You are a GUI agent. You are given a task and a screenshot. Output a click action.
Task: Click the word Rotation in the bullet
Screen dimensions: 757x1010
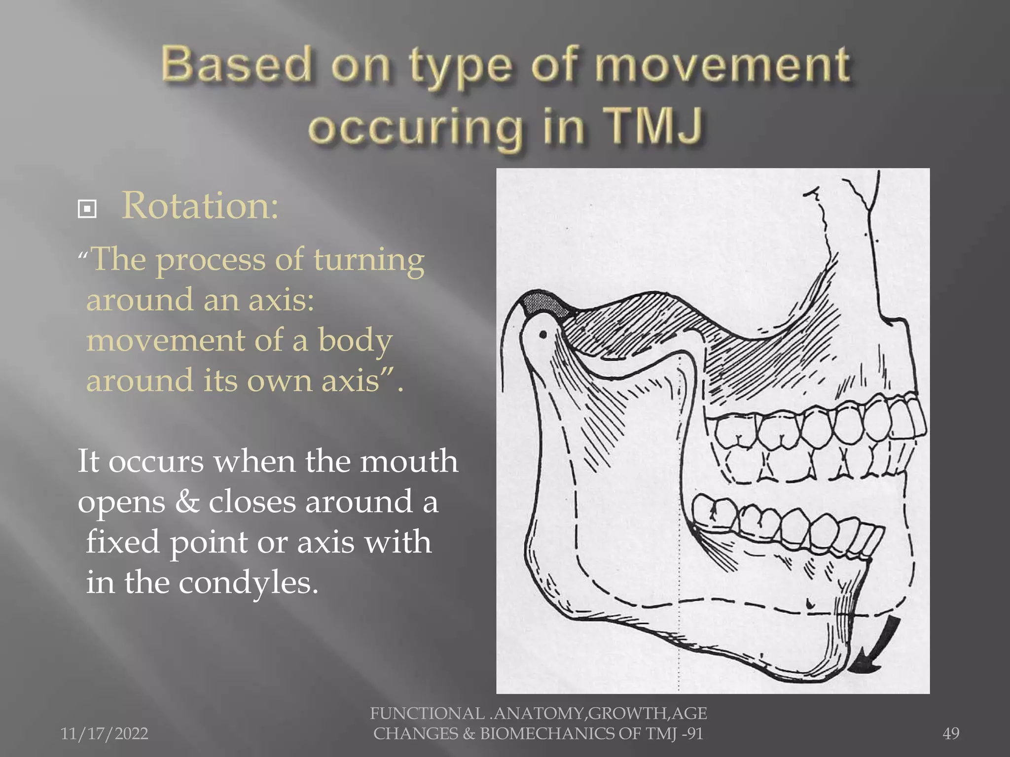[x=200, y=206]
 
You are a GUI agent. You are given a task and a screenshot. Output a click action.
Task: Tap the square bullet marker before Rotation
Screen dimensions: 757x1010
[x=87, y=209]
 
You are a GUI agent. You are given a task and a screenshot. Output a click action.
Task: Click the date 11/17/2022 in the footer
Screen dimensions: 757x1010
[x=104, y=734]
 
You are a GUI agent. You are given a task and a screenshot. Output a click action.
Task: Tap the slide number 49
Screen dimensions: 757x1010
[x=951, y=734]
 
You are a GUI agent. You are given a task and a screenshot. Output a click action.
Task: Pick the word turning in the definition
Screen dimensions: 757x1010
[x=369, y=260]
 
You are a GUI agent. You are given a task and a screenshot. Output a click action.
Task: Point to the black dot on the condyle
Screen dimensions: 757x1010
[x=543, y=335]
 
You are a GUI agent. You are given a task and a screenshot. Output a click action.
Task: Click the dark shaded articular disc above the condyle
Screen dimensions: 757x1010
[x=542, y=302]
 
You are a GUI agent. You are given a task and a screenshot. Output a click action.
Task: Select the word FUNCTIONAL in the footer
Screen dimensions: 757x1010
[x=427, y=714]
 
